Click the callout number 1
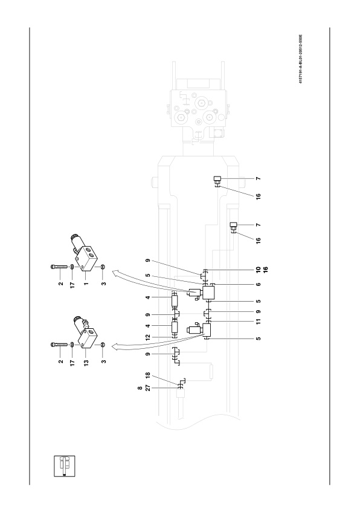86,284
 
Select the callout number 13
86,363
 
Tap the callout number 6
259,284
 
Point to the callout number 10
259,270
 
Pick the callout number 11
259,322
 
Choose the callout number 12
148,337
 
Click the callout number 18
148,375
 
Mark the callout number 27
148,388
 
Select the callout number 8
140,388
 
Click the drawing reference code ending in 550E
300,59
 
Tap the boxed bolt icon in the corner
64,466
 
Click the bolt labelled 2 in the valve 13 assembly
59,345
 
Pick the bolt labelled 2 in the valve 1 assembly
59,267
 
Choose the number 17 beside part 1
72,285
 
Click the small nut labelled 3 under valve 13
103,345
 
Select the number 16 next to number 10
266,270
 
